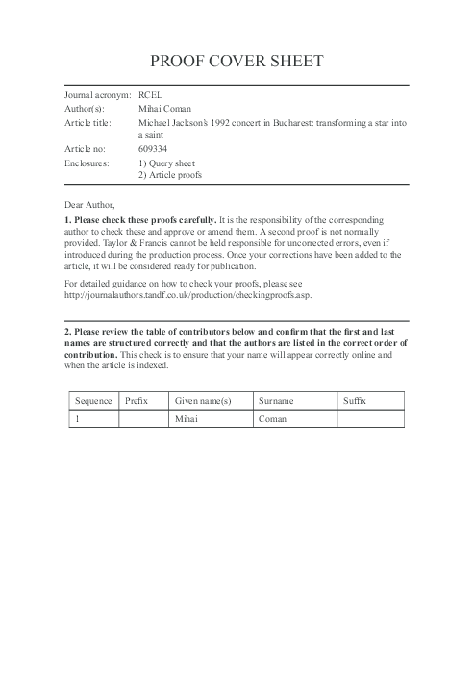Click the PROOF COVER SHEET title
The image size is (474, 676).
237,62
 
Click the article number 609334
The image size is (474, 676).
154,150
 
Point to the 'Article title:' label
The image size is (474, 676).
88,123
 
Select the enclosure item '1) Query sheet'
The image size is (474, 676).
166,163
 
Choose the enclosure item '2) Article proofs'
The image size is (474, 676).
170,176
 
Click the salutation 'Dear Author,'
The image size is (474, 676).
89,205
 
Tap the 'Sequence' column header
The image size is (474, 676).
93,400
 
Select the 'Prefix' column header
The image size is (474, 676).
137,400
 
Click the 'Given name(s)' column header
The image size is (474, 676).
203,400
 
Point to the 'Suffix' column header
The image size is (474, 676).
355,400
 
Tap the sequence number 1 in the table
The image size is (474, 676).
76,419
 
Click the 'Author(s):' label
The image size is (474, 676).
85,110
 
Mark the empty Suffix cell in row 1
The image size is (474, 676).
370,419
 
